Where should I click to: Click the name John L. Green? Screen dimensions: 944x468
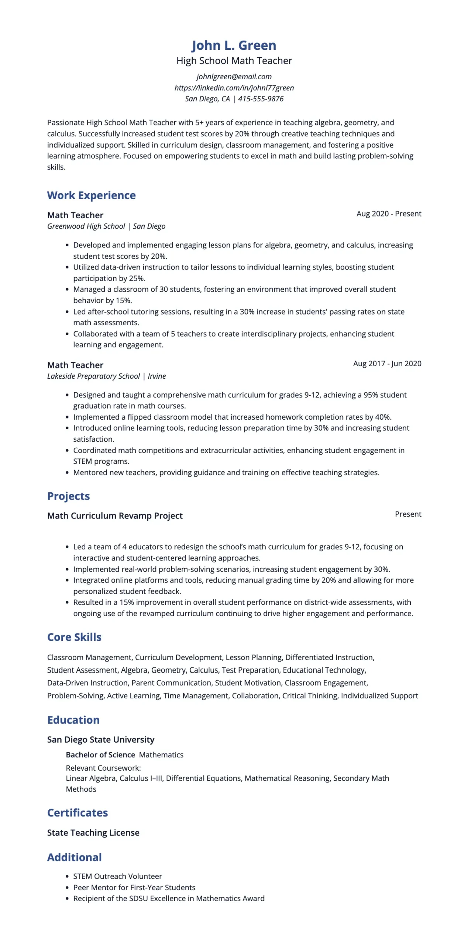[x=234, y=45]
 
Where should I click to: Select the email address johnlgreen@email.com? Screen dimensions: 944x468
[x=234, y=76]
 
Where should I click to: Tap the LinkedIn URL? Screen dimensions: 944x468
[x=234, y=87]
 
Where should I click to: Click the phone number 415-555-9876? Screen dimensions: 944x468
[x=261, y=98]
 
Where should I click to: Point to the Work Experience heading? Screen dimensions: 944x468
[x=91, y=195]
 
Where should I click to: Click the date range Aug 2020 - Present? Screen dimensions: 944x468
[x=388, y=214]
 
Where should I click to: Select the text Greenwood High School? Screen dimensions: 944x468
[x=86, y=226]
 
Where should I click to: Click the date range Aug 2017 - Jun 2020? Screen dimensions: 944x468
[x=387, y=363]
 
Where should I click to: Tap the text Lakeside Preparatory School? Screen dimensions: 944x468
[x=93, y=376]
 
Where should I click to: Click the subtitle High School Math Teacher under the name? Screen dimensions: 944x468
[x=234, y=60]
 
